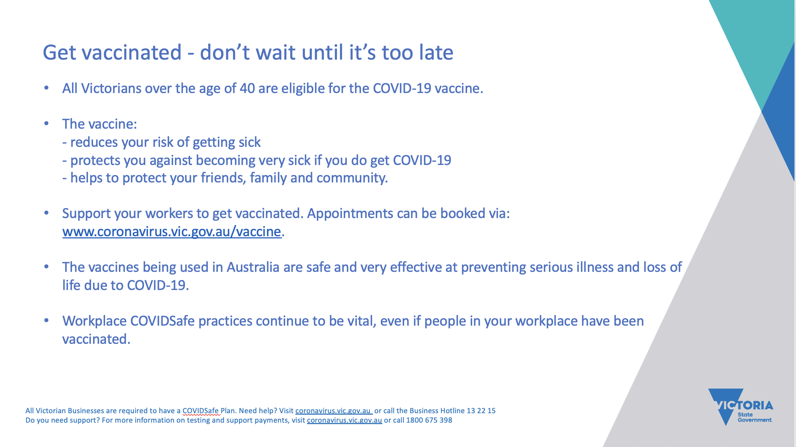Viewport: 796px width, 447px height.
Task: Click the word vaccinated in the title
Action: tap(132, 52)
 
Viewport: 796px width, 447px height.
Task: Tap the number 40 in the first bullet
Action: tap(247, 89)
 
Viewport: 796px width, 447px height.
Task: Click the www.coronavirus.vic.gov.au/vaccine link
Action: tap(172, 231)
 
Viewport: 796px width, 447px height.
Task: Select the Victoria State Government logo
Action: tap(741, 407)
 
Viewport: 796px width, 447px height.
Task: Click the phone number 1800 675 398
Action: tap(429, 420)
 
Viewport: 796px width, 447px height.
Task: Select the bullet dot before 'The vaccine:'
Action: tap(46, 124)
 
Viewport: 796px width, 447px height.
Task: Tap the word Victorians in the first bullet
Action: tap(111, 89)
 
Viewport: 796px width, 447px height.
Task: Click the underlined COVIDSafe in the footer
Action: tap(200, 411)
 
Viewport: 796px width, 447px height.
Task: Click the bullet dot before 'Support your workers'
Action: tap(46, 213)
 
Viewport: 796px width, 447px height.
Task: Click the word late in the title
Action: tap(436, 52)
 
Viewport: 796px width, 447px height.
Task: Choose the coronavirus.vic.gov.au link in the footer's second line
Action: tap(345, 420)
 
